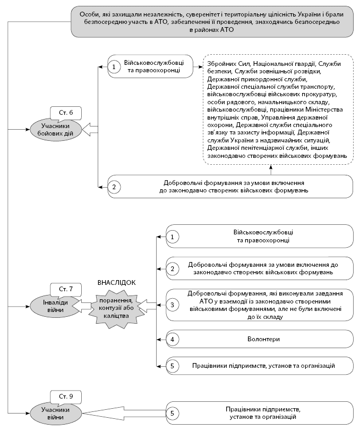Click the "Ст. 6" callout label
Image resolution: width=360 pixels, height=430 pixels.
63,112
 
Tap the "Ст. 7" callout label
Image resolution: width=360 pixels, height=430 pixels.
63,289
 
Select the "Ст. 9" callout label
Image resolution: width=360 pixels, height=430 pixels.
63,395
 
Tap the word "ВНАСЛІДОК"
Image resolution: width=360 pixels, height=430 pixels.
117,283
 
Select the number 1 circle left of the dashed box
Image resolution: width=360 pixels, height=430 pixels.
113,66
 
